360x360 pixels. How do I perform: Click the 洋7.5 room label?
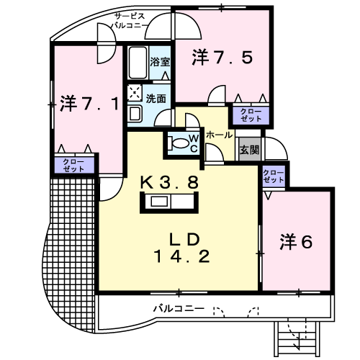point(222,58)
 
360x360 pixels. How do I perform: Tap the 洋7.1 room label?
point(89,104)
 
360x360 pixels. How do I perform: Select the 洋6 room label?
point(296,242)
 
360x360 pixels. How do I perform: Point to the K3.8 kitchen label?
point(169,182)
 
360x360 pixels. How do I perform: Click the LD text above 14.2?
point(184,239)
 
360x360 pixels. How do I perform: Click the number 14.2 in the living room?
point(183,256)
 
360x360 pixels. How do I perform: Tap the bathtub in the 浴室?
point(138,63)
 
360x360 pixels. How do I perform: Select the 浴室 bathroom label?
point(160,62)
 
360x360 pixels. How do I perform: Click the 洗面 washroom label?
point(156,99)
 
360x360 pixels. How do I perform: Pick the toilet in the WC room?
point(178,143)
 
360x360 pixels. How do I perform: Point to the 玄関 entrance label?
point(250,150)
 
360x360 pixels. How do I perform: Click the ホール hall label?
point(220,135)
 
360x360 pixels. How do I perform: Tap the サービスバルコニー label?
point(130,21)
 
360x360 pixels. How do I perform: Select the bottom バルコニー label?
point(179,308)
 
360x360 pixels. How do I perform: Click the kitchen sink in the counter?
point(159,202)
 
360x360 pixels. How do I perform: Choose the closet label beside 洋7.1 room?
point(73,166)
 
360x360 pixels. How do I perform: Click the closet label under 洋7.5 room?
point(251,115)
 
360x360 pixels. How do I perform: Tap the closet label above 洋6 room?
point(274,176)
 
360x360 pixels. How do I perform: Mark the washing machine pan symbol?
point(135,93)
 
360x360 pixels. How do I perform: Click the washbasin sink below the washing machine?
point(135,114)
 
